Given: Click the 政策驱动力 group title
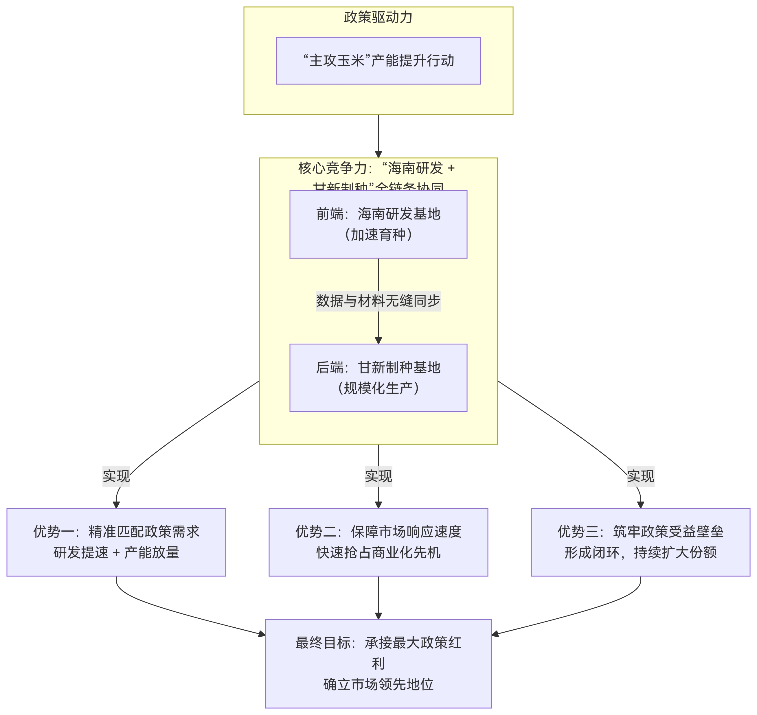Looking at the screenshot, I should [378, 17].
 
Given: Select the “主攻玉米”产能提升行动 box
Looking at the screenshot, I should [378, 61].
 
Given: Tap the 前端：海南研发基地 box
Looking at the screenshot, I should [378, 224].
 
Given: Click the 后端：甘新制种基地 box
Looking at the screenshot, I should [378, 378].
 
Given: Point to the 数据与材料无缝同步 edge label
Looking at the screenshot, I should [378, 301].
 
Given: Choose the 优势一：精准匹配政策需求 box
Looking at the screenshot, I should [116, 542].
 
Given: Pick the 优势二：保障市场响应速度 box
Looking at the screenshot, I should [378, 542].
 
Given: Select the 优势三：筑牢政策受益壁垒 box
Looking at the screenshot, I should [640, 542].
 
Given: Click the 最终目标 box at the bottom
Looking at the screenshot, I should [378, 664].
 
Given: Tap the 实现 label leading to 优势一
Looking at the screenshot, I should [116, 476].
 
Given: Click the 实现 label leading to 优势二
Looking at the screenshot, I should [378, 476].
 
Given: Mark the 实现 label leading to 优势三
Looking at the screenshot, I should [640, 476].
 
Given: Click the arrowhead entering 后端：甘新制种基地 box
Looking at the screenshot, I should [378, 340].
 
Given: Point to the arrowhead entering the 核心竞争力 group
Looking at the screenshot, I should [378, 154].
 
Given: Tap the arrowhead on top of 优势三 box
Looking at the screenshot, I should [640, 505].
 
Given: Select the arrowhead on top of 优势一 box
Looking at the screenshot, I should [116, 505].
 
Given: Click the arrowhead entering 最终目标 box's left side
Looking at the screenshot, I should [262, 635].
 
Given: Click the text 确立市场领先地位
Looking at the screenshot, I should [378, 684].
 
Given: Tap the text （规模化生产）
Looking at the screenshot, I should [378, 388].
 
